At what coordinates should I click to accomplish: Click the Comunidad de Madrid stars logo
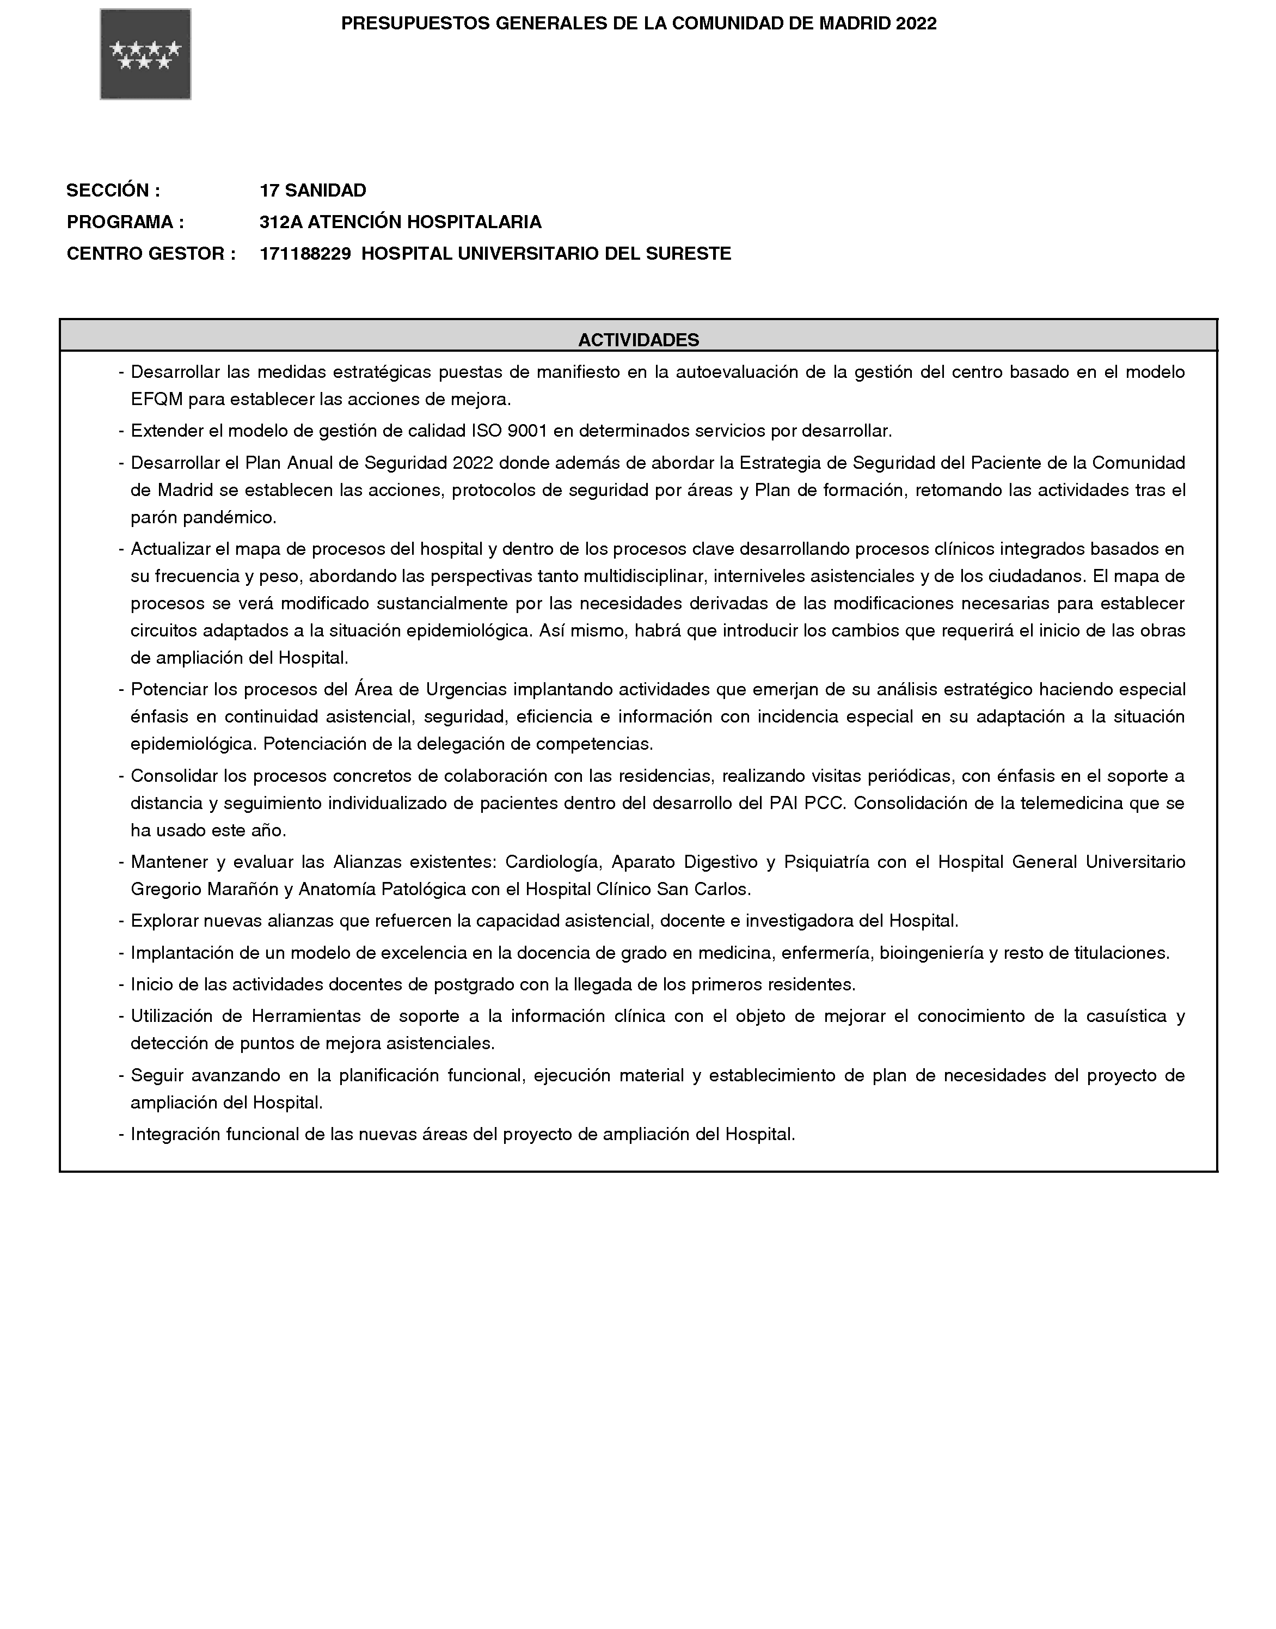[146, 54]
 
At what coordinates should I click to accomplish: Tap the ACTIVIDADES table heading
[639, 340]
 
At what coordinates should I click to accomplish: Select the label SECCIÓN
[113, 191]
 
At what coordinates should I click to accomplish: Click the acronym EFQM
[157, 400]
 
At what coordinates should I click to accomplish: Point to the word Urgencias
[466, 689]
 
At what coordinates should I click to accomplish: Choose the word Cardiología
[554, 862]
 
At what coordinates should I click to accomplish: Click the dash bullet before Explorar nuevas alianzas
[121, 921]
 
